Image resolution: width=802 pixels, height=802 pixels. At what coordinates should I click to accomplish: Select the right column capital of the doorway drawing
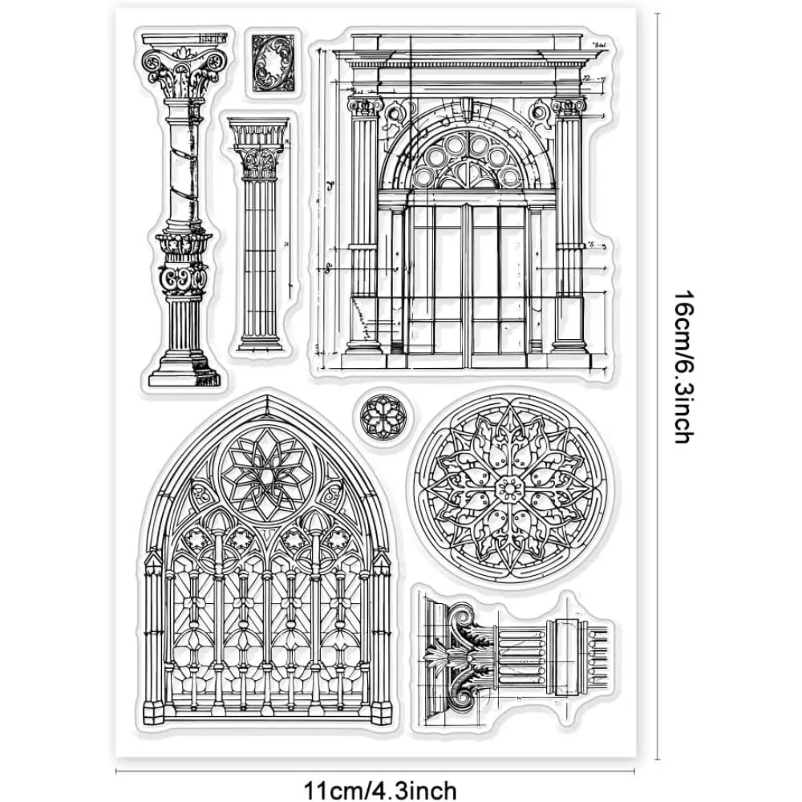[x=567, y=108]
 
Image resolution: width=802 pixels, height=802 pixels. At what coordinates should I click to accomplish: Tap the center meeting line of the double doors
[x=465, y=281]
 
